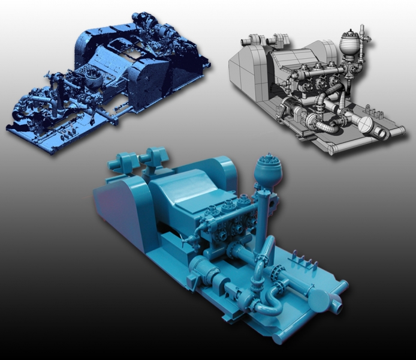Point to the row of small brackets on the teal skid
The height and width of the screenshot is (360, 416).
[x=302, y=260]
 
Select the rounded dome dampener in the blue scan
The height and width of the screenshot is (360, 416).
[x=92, y=80]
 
